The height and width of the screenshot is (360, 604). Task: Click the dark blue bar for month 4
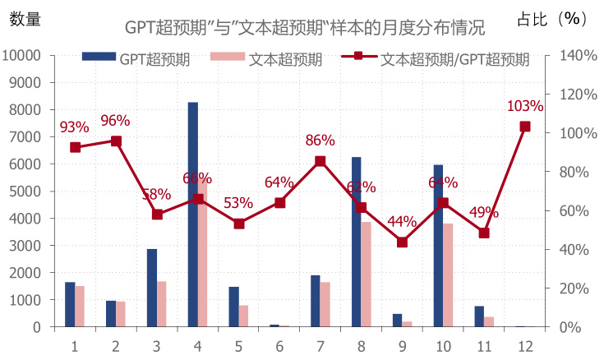(x=192, y=215)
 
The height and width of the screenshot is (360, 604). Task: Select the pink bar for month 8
(x=367, y=275)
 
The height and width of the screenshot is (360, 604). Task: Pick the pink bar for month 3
(x=162, y=304)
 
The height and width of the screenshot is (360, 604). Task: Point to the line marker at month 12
(x=525, y=127)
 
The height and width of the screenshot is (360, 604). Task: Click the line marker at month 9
(x=402, y=242)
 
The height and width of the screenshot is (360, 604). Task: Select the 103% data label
(x=525, y=106)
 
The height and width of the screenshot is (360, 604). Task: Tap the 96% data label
(x=115, y=121)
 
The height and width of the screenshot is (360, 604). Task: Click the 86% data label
(x=320, y=141)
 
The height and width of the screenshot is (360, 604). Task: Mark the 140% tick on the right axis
(x=579, y=55)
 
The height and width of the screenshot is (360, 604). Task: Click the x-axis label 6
(x=279, y=346)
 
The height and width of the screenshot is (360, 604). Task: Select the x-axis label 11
(x=484, y=346)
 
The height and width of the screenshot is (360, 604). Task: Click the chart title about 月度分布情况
(x=305, y=27)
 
